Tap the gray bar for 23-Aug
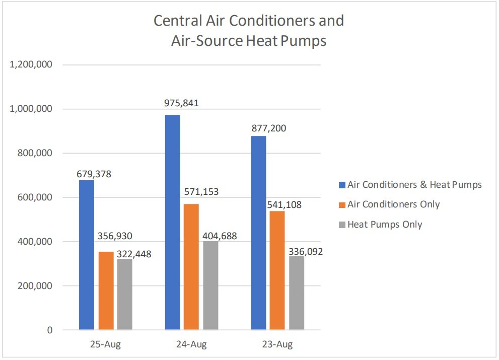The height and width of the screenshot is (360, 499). (296, 293)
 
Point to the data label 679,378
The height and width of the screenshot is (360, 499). (94, 174)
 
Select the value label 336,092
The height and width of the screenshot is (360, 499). (306, 251)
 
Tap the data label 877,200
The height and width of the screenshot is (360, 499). (269, 128)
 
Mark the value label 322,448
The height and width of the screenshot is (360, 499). (134, 254)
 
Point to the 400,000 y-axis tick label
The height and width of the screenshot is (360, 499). (34, 242)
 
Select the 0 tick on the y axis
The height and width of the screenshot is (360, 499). (49, 330)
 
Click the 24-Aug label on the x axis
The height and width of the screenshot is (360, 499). (191, 345)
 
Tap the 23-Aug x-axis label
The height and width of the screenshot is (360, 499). (277, 345)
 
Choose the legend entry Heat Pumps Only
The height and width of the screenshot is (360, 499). (385, 225)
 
